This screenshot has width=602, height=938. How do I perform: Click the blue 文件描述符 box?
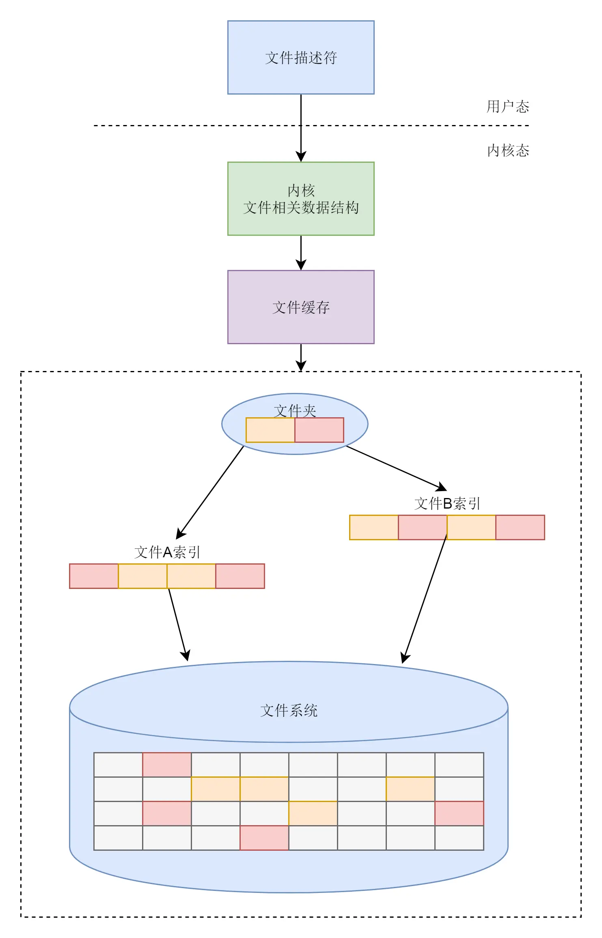point(301,57)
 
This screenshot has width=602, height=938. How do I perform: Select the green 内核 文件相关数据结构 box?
point(301,198)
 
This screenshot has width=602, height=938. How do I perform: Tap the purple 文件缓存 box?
point(301,307)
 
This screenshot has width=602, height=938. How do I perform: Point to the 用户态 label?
point(508,106)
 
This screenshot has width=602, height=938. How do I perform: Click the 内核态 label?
point(508,150)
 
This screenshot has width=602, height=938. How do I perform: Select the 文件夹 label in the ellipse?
point(295,410)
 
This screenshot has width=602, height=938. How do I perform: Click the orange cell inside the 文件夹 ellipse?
point(270,430)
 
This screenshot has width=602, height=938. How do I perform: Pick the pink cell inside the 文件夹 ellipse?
point(319,430)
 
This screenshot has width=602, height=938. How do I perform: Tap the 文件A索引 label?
point(167,552)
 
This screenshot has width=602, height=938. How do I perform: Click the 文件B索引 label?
point(447,503)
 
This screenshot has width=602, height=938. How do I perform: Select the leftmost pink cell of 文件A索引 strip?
point(94,576)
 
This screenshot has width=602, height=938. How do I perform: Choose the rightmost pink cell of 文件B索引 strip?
point(520,527)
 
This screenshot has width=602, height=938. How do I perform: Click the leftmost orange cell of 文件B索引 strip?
point(374,527)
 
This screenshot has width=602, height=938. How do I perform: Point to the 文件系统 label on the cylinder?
point(289,710)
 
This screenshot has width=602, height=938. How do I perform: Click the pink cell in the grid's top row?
point(167,765)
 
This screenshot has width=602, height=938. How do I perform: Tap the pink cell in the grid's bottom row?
point(264,838)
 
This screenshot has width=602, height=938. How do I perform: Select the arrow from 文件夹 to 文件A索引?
point(210,492)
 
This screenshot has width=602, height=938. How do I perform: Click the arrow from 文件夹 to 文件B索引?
point(397,468)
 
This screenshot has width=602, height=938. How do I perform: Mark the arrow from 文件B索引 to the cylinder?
point(425,599)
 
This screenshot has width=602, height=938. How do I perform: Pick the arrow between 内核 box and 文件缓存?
point(301,253)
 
